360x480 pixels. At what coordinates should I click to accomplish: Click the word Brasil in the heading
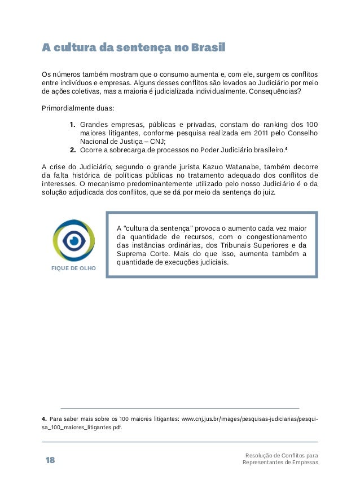pos(208,48)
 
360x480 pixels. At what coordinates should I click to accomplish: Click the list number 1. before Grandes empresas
pos(73,124)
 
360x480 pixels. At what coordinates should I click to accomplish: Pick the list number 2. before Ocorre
pos(73,149)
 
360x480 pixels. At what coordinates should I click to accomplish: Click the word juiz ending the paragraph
pos(268,192)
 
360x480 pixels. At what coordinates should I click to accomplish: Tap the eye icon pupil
pos(74,240)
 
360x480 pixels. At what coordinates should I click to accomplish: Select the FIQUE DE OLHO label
pos(74,268)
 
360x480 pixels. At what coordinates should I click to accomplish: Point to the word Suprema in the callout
pos(131,254)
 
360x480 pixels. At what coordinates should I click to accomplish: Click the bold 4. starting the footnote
pos(45,419)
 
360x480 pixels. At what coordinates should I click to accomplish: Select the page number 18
pos(50,460)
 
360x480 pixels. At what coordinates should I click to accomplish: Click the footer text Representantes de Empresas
pos(280,463)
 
